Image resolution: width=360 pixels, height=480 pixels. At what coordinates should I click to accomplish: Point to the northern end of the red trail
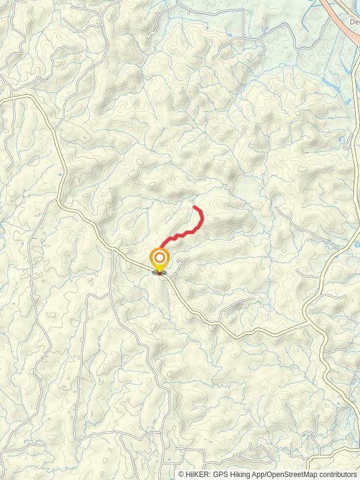coord(194,207)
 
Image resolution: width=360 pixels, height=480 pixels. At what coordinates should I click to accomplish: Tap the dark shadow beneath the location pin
coord(160,273)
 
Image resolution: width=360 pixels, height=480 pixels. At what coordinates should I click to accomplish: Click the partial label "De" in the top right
coord(354,22)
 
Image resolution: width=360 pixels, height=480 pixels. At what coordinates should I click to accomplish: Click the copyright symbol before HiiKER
coord(181,474)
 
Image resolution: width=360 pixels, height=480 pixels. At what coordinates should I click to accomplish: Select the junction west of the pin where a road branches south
coord(112,248)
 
